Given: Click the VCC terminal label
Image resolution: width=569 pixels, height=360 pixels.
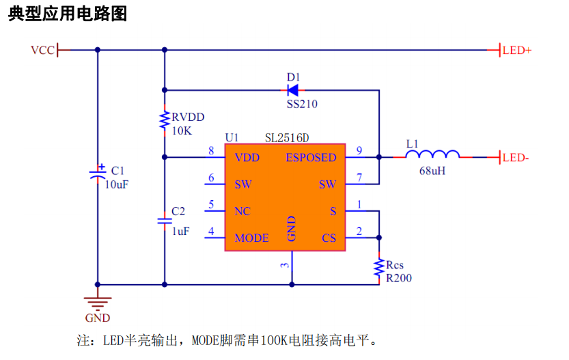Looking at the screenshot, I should coord(42,50).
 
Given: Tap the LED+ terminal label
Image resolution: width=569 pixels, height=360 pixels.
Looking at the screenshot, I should coord(517,50).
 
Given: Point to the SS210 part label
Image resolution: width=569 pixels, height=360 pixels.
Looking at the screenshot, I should coord(301,104).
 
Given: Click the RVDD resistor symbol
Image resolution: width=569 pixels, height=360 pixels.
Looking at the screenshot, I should coord(164,121).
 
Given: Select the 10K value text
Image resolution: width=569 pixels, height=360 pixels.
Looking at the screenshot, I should coord(182,130).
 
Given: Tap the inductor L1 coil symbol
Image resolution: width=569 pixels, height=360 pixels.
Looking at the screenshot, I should coord(432,156).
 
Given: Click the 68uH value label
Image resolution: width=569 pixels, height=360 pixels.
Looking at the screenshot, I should coord(432,171).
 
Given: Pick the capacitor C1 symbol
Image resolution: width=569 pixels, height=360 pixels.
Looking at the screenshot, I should coord(98,173).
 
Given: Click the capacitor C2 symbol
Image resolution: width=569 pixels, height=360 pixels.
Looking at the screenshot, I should coord(164,221).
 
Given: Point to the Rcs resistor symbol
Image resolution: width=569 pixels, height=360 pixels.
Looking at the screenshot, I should coord(378,268).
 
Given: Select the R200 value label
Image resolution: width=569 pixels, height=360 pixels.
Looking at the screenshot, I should coord(399,278).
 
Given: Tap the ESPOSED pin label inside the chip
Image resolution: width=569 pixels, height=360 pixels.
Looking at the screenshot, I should coord(311,158).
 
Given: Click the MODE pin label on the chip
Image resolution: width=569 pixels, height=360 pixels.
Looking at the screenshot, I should coord(251,238).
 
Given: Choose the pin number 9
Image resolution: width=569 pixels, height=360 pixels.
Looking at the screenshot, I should coord(359,151).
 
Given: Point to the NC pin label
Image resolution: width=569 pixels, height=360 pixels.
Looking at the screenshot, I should coord(242,211).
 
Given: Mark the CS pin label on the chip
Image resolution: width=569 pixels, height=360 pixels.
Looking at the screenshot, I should coord(329,238).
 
